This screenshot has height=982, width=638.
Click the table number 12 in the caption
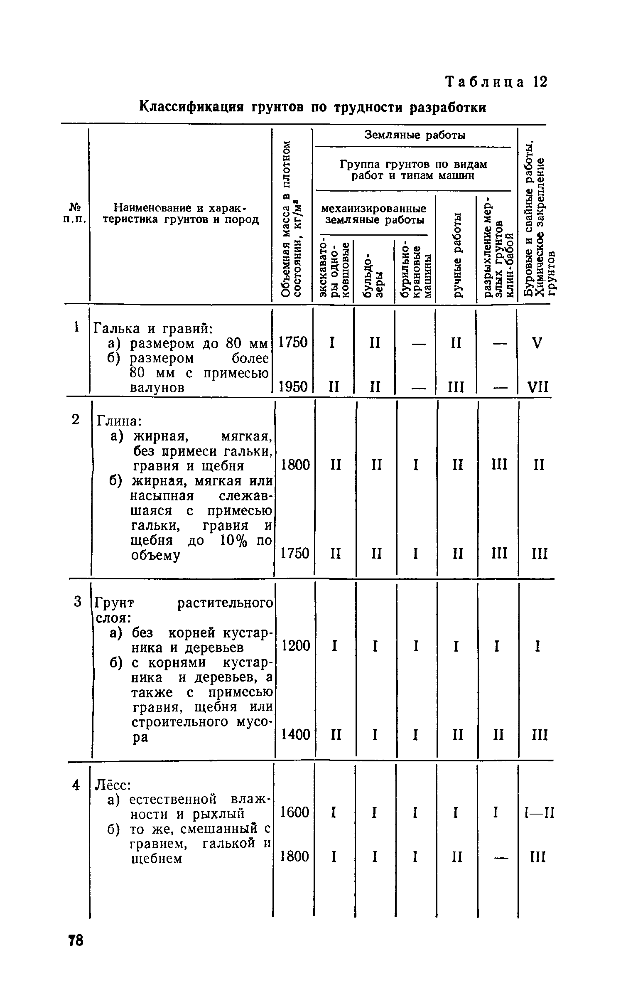[x=540, y=82]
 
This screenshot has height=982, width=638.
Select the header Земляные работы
[x=415, y=135]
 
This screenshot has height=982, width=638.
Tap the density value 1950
[x=293, y=387]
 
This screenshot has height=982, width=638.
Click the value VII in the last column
[x=538, y=388]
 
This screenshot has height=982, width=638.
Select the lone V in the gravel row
[x=537, y=343]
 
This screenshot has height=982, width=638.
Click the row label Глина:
[x=120, y=421]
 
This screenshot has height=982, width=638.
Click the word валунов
[x=157, y=388]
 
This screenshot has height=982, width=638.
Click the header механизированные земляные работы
[x=374, y=214]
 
